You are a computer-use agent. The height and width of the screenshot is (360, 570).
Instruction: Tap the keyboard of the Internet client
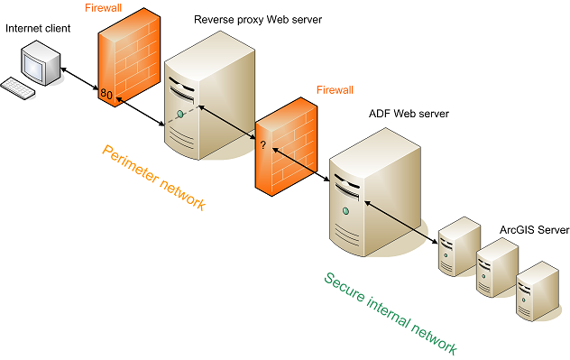tap(18, 87)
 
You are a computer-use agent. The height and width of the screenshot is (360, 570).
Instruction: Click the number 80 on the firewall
tap(106, 94)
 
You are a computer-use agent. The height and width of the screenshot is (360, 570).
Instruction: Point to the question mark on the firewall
tap(263, 144)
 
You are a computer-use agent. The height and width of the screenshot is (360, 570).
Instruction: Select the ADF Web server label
tap(409, 114)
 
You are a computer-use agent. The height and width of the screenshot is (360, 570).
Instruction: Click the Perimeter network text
tap(153, 177)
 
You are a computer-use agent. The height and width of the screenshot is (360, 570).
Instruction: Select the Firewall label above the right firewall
tap(336, 90)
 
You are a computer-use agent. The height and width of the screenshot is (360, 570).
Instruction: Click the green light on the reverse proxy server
tap(180, 114)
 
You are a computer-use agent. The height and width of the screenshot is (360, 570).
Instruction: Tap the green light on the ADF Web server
tap(345, 211)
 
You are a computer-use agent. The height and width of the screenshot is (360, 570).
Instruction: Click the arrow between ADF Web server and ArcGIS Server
tap(401, 217)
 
